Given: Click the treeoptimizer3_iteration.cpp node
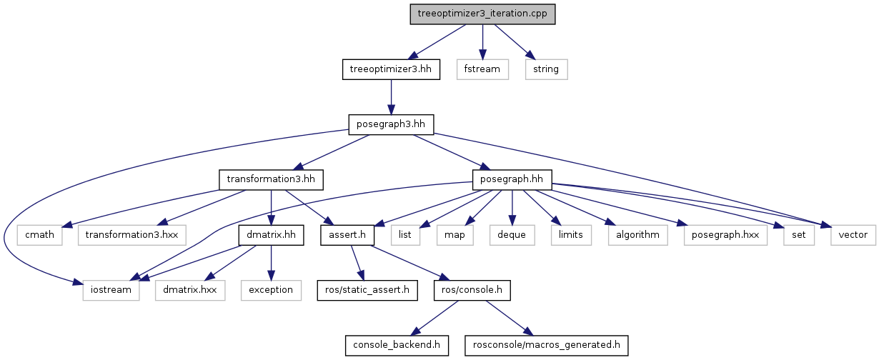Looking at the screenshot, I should [x=482, y=14].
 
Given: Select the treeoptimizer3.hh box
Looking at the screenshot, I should [x=389, y=69].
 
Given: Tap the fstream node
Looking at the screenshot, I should [x=482, y=69].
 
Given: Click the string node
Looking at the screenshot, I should [x=546, y=69].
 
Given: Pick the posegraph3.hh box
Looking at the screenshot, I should [x=389, y=124].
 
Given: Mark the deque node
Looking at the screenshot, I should [x=512, y=234].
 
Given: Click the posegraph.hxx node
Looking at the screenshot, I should [x=725, y=234].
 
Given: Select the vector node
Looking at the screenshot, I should [x=853, y=234].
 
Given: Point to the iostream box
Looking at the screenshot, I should [x=111, y=289].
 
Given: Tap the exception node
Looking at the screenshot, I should [x=271, y=289].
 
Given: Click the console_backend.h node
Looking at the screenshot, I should [x=397, y=345].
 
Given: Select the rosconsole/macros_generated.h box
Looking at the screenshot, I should [x=547, y=345].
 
